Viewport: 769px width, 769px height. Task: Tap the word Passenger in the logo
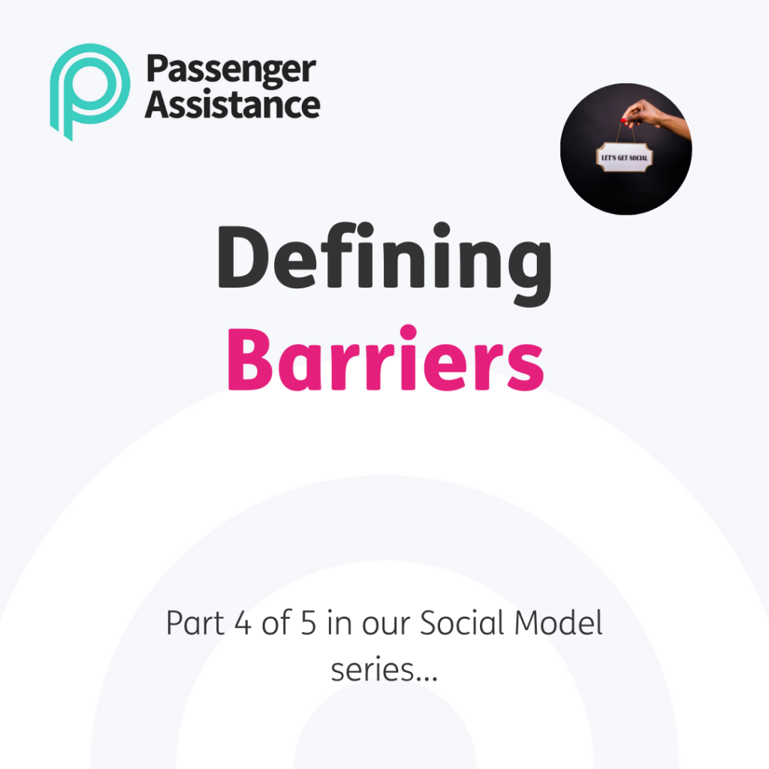tap(231, 71)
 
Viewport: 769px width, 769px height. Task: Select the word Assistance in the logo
tap(233, 104)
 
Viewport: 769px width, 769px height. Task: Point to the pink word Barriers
tap(385, 360)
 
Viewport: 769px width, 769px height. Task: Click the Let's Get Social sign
tap(624, 158)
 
